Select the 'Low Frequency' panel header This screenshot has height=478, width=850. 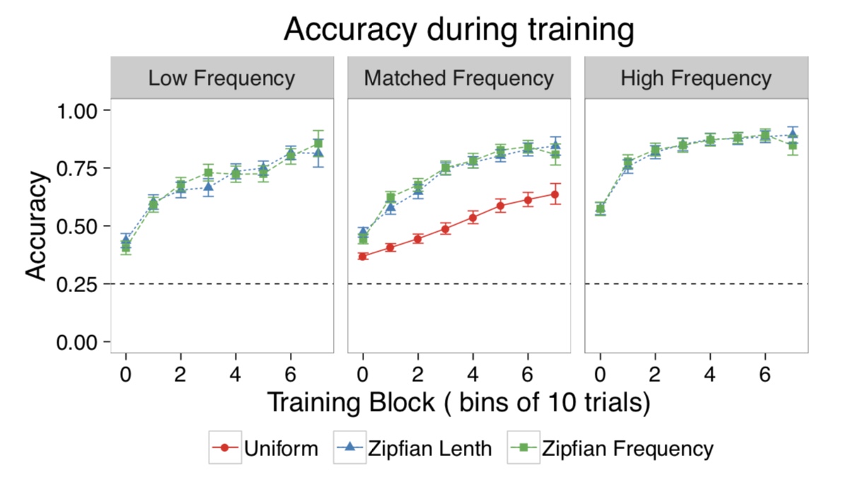pos(221,78)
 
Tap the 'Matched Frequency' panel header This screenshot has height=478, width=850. pos(458,78)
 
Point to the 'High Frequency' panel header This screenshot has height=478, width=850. pos(696,78)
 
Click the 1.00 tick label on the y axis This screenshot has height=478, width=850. pos(80,111)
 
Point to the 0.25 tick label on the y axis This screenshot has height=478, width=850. pos(80,284)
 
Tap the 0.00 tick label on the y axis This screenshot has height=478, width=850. pos(80,342)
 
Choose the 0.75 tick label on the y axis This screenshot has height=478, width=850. pos(80,168)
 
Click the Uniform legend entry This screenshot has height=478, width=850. pos(265,448)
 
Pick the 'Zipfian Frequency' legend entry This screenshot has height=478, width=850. pos(611,448)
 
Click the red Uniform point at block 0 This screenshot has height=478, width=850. pos(363,256)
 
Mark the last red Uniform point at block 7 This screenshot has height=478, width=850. pos(555,194)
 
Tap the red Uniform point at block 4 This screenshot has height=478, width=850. pos(473,217)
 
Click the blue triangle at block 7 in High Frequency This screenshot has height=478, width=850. pos(793,134)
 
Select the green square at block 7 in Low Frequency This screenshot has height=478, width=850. pos(318,144)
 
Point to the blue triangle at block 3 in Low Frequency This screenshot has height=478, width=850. pos(208,187)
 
